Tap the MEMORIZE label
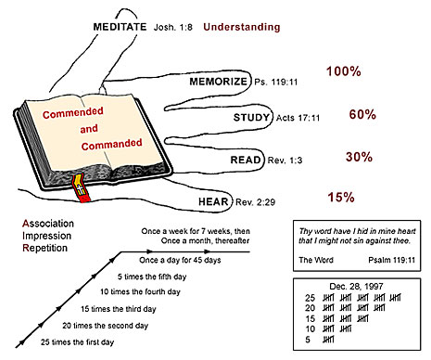tap(218, 82)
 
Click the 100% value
tap(344, 71)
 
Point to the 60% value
tap(335, 114)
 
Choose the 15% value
tap(340, 197)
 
